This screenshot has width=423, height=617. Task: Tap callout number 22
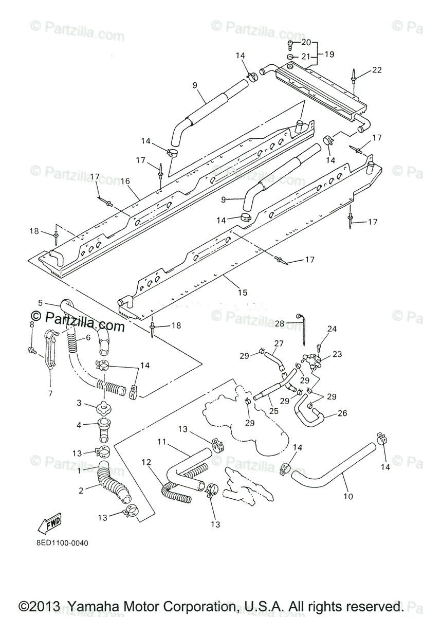click(377, 70)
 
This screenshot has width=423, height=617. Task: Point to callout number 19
click(328, 53)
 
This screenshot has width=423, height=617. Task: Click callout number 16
click(125, 181)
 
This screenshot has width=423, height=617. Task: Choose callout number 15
click(243, 292)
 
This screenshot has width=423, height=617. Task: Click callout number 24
click(332, 328)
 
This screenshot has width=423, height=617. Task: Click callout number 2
click(81, 491)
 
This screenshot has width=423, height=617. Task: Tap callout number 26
click(342, 413)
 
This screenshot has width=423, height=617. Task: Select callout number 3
click(79, 403)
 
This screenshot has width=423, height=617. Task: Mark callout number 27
click(279, 343)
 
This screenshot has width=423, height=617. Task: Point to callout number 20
click(306, 42)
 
